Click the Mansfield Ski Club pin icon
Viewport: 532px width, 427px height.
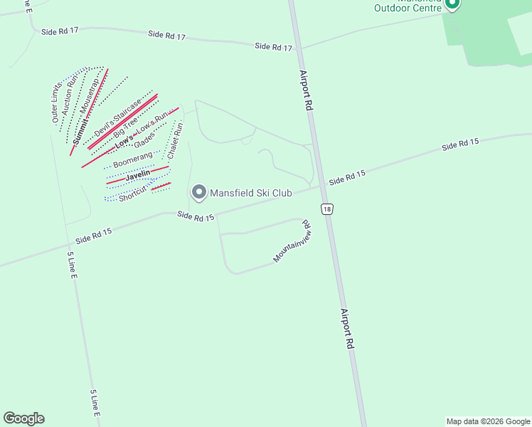pos(199,192)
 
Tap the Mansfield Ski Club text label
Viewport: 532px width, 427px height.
pos(250,193)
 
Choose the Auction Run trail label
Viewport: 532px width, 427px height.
pos(69,97)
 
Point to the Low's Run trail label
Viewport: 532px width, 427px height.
pos(151,122)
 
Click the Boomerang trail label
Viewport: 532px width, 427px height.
pos(132,159)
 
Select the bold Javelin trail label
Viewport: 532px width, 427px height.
pos(138,174)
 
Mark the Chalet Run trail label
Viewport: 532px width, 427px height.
pos(175,141)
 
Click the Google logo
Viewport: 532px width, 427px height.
pos(23,418)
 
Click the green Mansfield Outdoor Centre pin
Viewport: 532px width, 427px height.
pos(452,4)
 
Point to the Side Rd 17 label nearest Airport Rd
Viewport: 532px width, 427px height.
pos(274,46)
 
